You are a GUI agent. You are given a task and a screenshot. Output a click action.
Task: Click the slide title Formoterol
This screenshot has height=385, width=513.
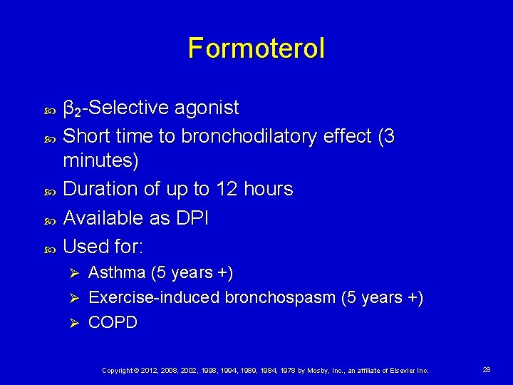256,48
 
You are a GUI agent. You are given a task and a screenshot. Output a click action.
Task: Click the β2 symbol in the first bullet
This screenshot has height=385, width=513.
71,109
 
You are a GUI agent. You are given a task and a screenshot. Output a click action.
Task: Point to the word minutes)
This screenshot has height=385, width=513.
101,161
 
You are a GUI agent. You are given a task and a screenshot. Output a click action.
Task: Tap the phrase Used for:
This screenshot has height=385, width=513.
103,247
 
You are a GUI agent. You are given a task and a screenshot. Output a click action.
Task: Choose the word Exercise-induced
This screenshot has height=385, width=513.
154,297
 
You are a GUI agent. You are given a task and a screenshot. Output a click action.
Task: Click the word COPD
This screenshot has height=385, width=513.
113,322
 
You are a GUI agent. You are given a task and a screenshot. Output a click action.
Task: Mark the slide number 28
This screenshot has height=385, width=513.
487,370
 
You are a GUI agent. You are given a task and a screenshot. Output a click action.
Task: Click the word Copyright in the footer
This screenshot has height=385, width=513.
118,371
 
